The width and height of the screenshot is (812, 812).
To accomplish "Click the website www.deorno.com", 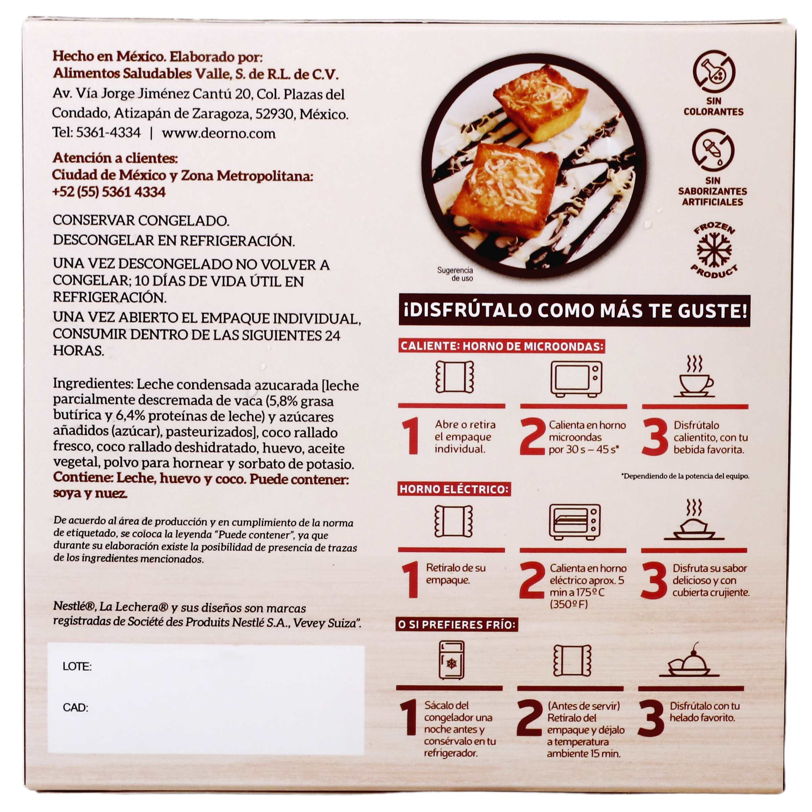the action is click(218, 133).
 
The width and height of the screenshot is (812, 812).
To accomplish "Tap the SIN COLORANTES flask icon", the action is click(714, 71).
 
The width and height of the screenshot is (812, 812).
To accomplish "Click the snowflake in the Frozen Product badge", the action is click(714, 250).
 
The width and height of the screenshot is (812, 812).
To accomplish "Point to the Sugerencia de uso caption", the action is click(455, 274).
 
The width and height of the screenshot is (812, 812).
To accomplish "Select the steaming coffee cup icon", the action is click(694, 377).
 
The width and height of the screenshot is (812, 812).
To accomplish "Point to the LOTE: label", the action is click(77, 667).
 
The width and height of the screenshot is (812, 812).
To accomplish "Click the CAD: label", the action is click(75, 708).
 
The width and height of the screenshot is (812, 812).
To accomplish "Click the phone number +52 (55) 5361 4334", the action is click(109, 192).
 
